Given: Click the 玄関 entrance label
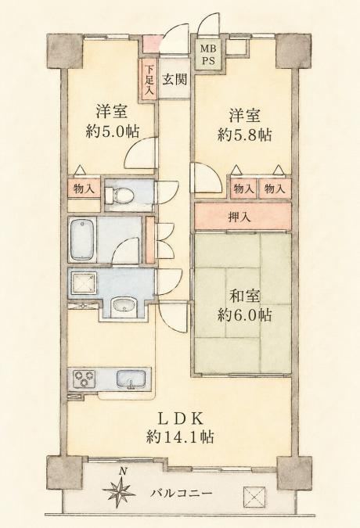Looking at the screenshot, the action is pos(175,80).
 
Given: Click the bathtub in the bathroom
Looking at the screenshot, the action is pos(83,240).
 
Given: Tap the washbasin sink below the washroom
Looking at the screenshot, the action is pos(124,306).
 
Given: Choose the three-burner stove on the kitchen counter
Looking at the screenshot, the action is pos(84,379).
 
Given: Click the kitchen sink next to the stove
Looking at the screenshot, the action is pos(131,379).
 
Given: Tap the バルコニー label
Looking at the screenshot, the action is pos(182,494).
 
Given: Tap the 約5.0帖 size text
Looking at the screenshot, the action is pos(112,131).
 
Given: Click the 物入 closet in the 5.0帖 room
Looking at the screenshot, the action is pos(85,189).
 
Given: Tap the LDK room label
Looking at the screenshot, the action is pos(180,418).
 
